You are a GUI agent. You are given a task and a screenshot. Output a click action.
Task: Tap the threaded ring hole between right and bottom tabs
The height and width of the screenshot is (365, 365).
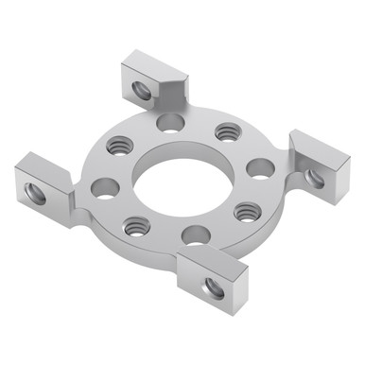[x=246, y=211]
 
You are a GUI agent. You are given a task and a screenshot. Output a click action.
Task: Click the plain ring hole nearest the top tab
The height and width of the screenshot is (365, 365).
[x=170, y=123]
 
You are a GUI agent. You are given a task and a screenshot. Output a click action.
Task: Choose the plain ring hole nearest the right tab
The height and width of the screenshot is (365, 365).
[x=261, y=168]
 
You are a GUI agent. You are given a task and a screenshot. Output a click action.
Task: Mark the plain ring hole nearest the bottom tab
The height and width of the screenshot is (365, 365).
[x=195, y=235]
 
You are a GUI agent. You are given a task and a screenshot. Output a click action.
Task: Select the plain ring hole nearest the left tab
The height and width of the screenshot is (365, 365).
[x=105, y=188]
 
